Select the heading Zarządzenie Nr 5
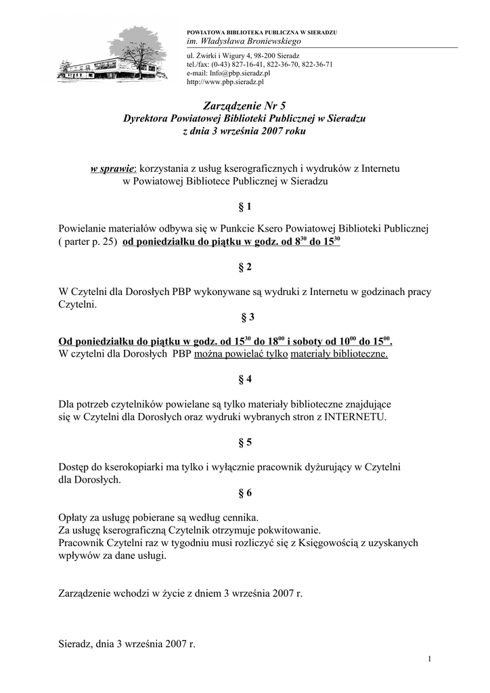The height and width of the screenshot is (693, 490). [x=244, y=106]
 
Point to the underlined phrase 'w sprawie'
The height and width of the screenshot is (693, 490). [x=113, y=168]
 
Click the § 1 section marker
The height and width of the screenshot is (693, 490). [x=244, y=205]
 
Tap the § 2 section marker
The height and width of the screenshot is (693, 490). [x=244, y=267]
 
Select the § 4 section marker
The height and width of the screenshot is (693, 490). [x=244, y=380]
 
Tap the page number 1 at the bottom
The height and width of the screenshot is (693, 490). [x=430, y=659]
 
